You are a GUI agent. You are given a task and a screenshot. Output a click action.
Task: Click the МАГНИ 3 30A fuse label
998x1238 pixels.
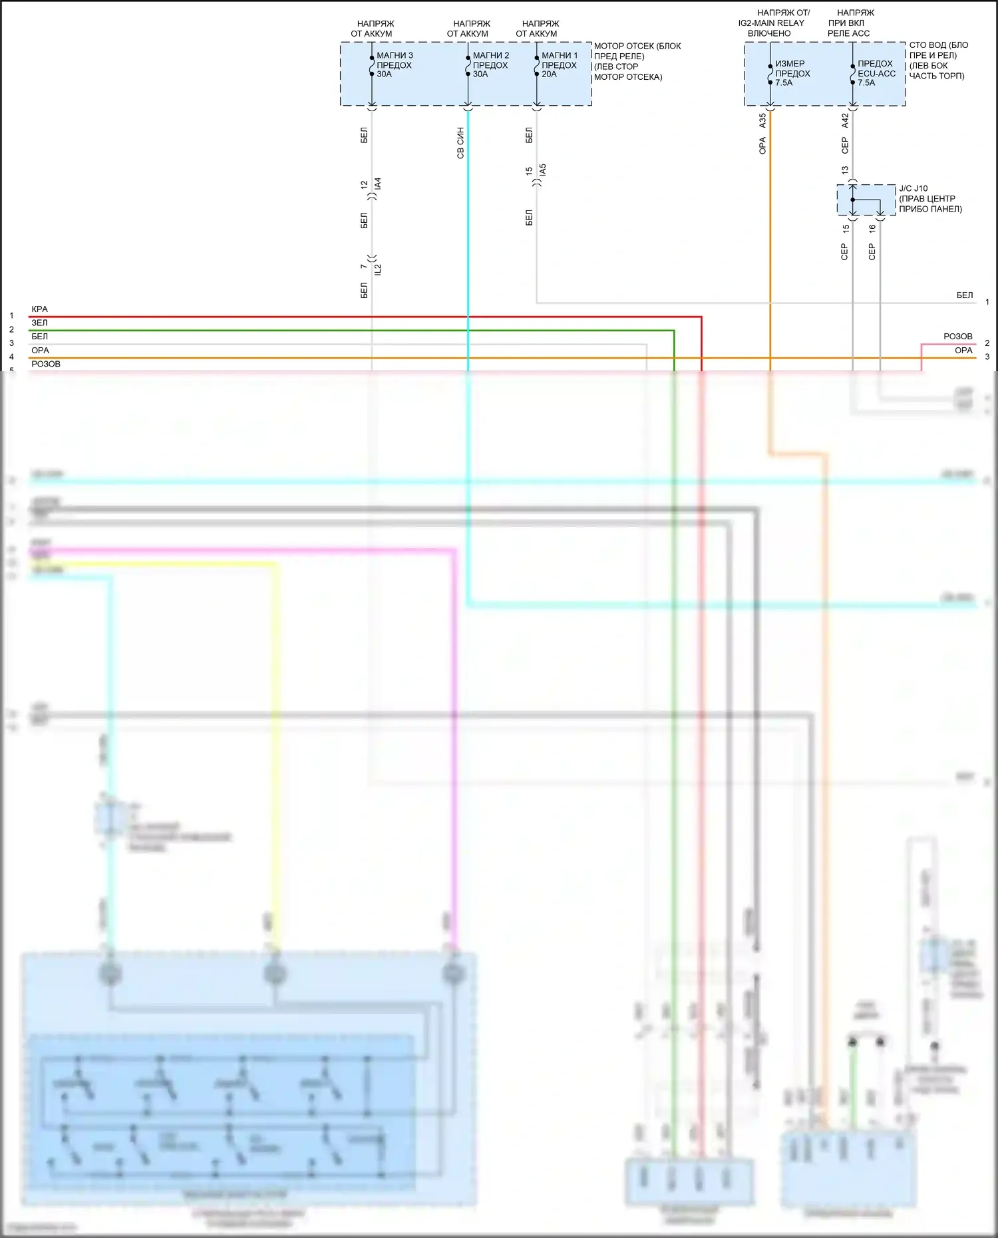click(394, 65)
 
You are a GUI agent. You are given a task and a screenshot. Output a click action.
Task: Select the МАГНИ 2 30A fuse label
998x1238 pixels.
click(490, 65)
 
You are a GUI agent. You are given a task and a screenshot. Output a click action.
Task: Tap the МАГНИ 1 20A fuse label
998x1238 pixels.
click(559, 65)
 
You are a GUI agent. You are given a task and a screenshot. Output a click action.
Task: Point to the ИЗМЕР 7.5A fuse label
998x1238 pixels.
click(792, 73)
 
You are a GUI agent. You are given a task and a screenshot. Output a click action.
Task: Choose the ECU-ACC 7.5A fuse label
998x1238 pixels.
click(876, 73)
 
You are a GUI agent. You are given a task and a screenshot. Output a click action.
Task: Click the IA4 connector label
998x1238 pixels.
click(378, 184)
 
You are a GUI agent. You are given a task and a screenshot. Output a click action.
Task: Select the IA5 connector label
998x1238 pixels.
click(543, 170)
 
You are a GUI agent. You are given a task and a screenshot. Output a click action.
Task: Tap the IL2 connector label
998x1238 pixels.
click(378, 269)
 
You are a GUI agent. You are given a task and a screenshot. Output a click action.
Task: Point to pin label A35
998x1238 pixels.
click(762, 120)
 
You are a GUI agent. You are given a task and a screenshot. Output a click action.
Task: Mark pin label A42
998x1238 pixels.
click(845, 120)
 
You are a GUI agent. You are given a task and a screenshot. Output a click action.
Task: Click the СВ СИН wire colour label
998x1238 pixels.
click(460, 143)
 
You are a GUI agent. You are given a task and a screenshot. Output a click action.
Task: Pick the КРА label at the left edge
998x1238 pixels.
click(39, 309)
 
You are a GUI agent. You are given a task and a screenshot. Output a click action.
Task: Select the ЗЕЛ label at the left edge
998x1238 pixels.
click(39, 323)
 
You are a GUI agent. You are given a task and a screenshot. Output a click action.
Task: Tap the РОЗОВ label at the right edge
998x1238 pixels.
click(957, 337)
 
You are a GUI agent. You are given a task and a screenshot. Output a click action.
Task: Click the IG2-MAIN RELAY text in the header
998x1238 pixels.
click(771, 23)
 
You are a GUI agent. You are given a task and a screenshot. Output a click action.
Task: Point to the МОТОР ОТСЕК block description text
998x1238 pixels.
click(637, 61)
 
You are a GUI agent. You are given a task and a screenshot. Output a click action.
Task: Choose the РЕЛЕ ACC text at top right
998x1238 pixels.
click(848, 33)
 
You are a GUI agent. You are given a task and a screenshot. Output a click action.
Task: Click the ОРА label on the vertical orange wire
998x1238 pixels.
click(762, 145)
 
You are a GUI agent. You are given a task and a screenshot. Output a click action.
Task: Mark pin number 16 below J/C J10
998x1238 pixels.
click(872, 228)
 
